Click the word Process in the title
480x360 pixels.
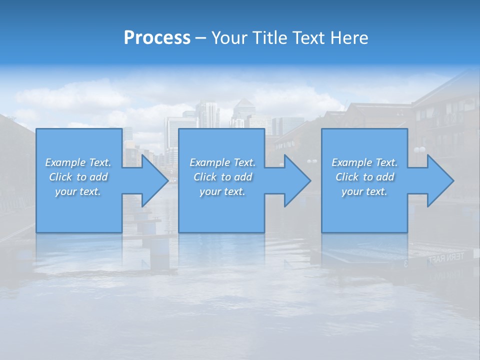[157, 38]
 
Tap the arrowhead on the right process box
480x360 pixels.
[437, 180]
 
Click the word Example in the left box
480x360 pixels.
[64, 162]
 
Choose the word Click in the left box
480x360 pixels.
[60, 177]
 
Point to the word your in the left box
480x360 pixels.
[65, 191]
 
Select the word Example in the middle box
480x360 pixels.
[209, 162]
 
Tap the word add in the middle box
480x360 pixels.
[243, 177]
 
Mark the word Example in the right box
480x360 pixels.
[351, 162]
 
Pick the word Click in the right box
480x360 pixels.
[347, 177]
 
